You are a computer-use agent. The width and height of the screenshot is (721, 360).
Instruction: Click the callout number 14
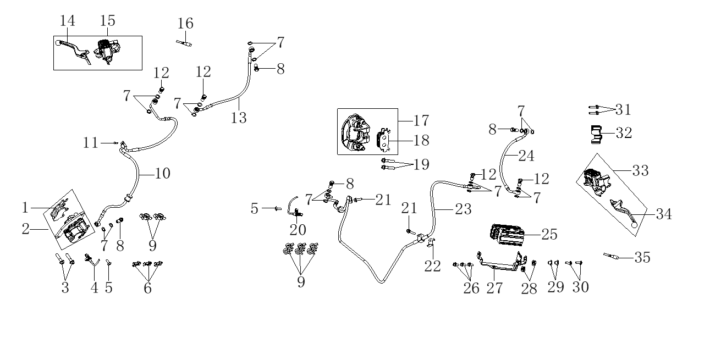(x=68, y=21)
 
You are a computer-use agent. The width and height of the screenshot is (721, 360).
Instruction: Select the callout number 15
(x=108, y=21)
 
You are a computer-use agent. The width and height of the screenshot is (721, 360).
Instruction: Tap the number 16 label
(x=186, y=24)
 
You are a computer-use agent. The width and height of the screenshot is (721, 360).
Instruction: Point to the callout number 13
(x=239, y=117)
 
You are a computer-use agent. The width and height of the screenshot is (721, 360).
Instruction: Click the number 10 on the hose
(x=162, y=174)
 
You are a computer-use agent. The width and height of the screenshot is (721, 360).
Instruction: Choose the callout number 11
(x=91, y=143)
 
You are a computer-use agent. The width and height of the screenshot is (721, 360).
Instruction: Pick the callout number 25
(x=548, y=235)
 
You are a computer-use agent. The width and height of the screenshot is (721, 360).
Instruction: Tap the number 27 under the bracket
(x=495, y=287)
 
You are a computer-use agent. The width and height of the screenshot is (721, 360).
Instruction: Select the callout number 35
(x=642, y=257)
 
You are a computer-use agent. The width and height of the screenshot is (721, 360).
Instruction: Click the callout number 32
(x=624, y=132)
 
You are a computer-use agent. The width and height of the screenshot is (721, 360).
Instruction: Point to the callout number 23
(x=463, y=209)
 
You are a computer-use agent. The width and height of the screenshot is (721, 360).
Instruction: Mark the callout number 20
(x=298, y=229)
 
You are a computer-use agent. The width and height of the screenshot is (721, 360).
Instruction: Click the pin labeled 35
(x=612, y=256)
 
